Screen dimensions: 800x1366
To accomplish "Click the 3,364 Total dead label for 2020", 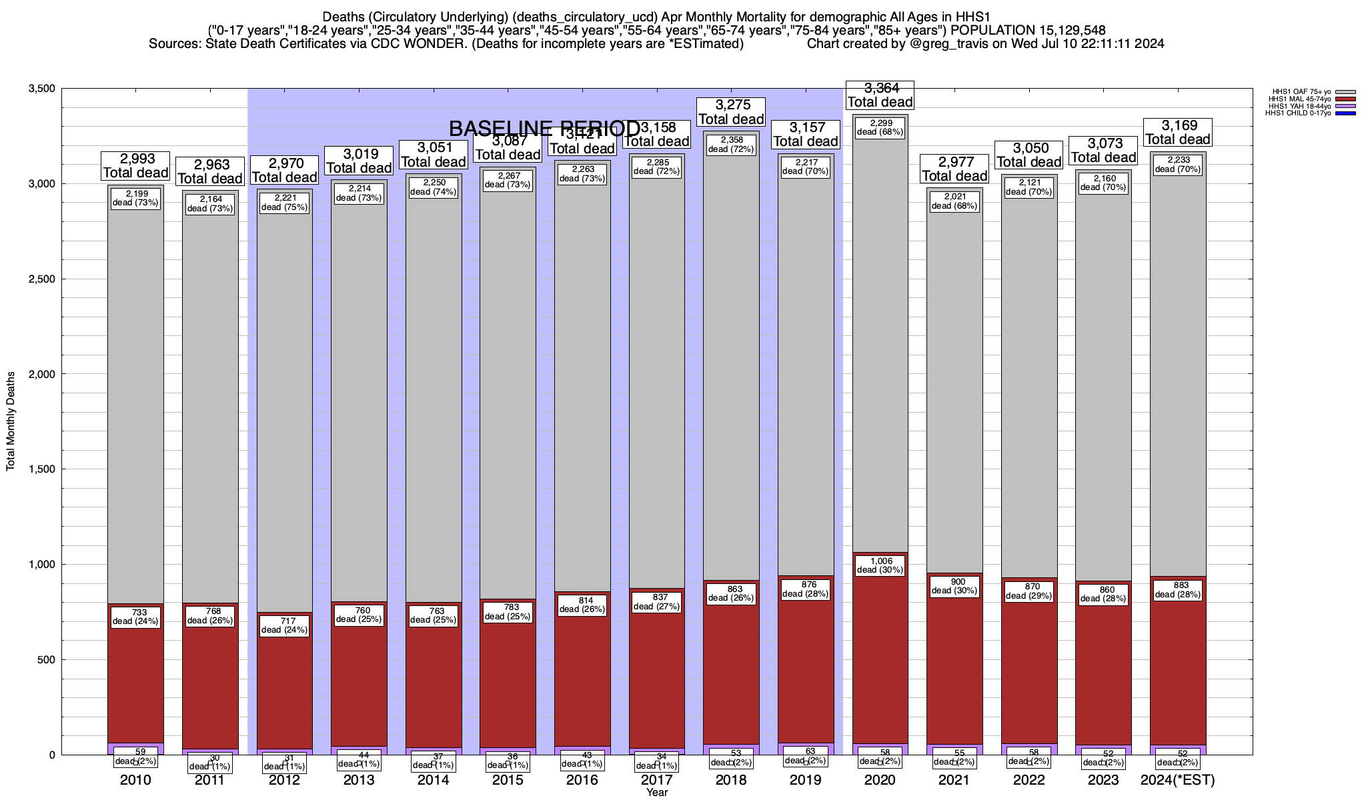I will pyautogui.click(x=880, y=95).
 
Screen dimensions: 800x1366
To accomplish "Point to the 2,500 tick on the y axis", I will pyautogui.click(x=41, y=279).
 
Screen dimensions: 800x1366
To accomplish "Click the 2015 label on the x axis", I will pyautogui.click(x=508, y=780).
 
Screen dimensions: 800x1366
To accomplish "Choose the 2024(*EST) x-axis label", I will pyautogui.click(x=1178, y=780).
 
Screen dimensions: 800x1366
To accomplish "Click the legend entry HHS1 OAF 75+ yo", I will pyautogui.click(x=1293, y=91).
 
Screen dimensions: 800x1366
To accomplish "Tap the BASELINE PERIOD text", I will pyautogui.click(x=544, y=128).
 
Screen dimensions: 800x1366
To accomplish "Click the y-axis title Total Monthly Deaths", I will pyautogui.click(x=11, y=421).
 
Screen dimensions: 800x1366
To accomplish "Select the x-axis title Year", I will pyautogui.click(x=656, y=793).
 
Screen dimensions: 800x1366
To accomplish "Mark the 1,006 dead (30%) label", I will pyautogui.click(x=880, y=565).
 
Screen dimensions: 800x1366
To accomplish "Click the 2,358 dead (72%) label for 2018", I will pyautogui.click(x=731, y=145).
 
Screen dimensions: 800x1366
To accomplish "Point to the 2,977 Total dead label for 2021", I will pyautogui.click(x=954, y=169).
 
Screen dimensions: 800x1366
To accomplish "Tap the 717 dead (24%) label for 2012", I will pyautogui.click(x=285, y=625).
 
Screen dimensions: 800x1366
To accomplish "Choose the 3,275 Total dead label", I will pyautogui.click(x=731, y=112).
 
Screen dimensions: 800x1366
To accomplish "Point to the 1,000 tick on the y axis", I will pyautogui.click(x=41, y=565).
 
